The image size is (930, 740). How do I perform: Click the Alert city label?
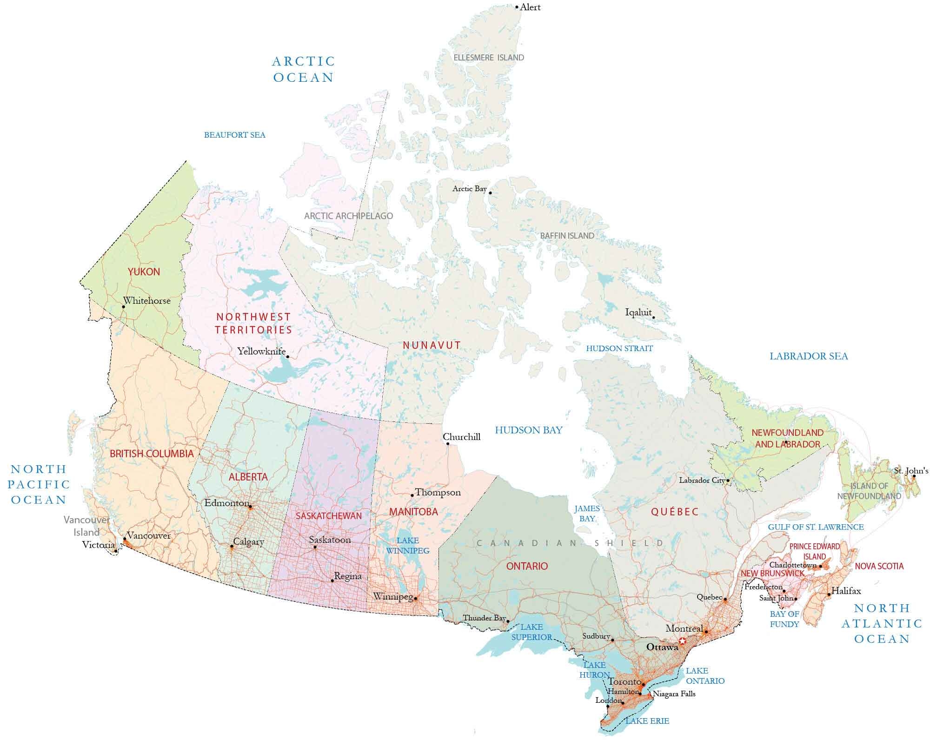pos(530,7)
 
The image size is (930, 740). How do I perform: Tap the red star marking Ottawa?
pos(682,641)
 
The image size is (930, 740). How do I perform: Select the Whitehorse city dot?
pos(124,307)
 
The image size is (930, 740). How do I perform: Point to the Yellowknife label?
pos(261,351)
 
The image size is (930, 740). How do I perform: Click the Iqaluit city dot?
pos(653,318)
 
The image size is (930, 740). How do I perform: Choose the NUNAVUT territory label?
pos(432,345)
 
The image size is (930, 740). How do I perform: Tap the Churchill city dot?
pos(448,444)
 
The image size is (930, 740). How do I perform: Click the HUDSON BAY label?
pos(529,430)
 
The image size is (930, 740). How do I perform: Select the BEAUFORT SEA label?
pos(235,135)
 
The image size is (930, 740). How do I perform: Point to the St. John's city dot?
pos(914,476)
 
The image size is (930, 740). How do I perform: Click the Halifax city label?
pos(846,591)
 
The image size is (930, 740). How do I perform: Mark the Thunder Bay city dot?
pos(508,621)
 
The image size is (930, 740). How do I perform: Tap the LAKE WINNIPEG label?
pos(408,546)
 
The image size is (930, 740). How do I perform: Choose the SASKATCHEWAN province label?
pos(329,516)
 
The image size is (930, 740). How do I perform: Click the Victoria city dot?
pos(116,551)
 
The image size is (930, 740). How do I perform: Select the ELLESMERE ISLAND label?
pos(489,58)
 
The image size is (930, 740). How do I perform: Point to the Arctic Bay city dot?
pos(490,193)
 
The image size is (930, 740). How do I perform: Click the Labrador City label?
pos(702,480)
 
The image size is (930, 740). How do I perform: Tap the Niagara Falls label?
pos(674,694)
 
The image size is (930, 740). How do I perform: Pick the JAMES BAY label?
pos(587,513)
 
